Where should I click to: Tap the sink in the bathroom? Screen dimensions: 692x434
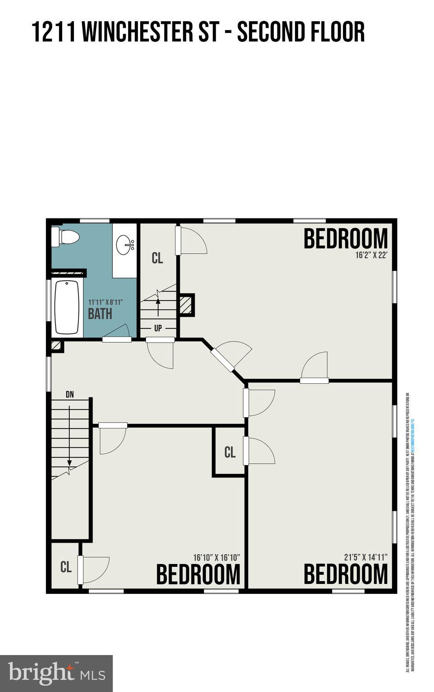click(124, 245)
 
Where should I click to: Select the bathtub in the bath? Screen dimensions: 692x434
click(67, 307)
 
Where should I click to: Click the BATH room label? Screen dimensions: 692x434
click(100, 314)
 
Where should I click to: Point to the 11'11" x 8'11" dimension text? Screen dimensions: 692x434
click(105, 302)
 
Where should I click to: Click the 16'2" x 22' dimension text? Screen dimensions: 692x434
click(371, 255)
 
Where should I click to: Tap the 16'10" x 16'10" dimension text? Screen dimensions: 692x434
click(216, 557)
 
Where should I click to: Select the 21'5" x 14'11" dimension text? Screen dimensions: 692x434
click(365, 557)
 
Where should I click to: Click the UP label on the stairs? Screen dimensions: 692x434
click(158, 328)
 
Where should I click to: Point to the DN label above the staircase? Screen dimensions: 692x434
click(70, 395)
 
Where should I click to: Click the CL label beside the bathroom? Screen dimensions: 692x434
click(157, 259)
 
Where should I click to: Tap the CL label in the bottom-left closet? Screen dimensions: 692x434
click(66, 567)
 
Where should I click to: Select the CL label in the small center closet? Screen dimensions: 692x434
click(230, 452)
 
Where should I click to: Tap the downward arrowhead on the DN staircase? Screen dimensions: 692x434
click(69, 462)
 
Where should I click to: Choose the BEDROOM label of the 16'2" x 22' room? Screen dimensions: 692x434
click(346, 239)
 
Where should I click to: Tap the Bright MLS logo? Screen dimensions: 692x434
click(56, 673)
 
